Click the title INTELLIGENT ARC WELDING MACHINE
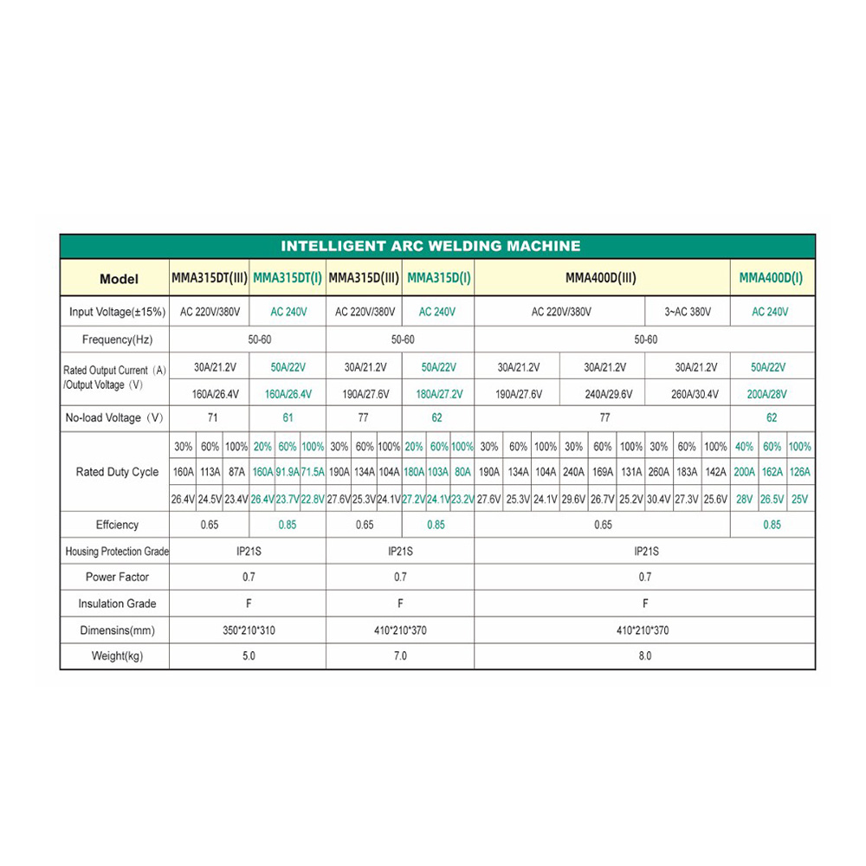[x=430, y=246]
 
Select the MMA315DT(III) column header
[x=209, y=278]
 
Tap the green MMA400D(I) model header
[x=771, y=278]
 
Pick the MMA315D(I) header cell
[x=438, y=278]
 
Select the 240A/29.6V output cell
[x=603, y=394]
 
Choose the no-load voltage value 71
[x=209, y=417]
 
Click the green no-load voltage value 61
[x=288, y=417]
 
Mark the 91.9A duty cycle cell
[x=287, y=473]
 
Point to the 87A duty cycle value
[x=236, y=473]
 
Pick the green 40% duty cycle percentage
[x=744, y=447]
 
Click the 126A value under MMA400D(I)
[x=800, y=473]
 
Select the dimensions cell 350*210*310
[x=249, y=630]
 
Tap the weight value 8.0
[x=644, y=656]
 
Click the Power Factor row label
[x=117, y=577]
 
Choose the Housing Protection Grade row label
[x=117, y=552]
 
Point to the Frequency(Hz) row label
[x=117, y=340]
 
